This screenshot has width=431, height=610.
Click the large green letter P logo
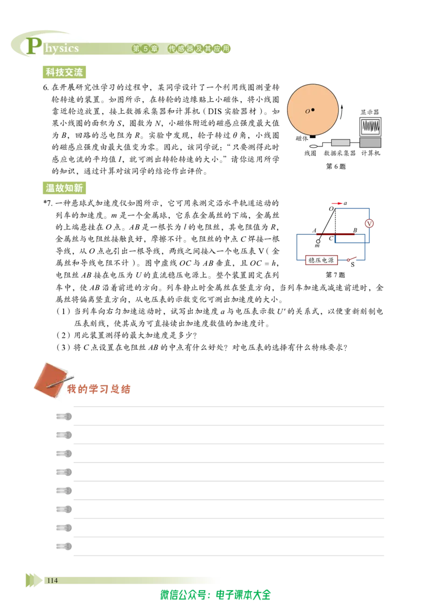click(34, 46)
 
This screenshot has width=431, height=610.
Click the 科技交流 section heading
click(64, 72)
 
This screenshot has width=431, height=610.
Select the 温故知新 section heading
click(64, 188)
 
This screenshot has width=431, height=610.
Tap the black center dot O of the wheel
click(313, 110)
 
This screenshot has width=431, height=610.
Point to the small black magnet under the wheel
click(312, 136)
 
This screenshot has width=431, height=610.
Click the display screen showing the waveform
click(370, 127)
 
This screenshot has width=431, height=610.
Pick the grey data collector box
click(340, 143)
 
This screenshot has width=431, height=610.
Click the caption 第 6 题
click(336, 167)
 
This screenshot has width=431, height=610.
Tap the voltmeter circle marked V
click(369, 223)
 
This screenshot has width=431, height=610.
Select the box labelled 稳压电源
click(321, 260)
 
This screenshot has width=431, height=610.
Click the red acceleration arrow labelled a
click(337, 204)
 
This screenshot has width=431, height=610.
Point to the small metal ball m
click(318, 241)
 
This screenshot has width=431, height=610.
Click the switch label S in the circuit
click(352, 265)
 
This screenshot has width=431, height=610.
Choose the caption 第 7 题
click(336, 275)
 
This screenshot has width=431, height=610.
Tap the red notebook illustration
click(50, 379)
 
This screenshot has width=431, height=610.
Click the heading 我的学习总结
click(99, 389)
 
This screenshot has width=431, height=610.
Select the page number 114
click(52, 580)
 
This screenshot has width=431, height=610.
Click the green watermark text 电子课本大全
click(243, 595)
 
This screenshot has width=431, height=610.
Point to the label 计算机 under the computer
click(370, 153)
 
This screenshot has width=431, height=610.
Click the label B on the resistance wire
click(354, 230)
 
